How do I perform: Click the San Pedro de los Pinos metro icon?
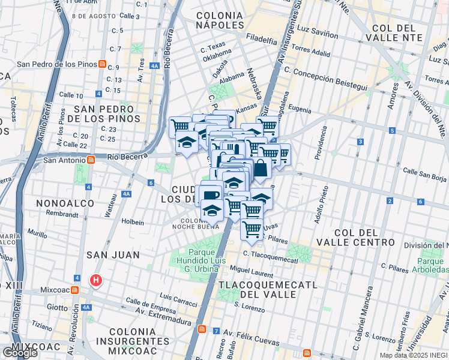[103, 64]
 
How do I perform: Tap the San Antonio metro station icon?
[91, 160]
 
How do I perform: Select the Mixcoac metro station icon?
[74, 290]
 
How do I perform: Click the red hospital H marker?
[95, 280]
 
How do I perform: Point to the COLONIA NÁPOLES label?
[220, 19]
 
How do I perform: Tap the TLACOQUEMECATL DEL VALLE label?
[258, 289]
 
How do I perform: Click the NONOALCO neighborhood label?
[65, 203]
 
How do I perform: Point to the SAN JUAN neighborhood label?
[113, 255]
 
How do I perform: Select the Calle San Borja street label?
[425, 174]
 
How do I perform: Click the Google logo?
[20, 353]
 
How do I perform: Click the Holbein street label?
[133, 221]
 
